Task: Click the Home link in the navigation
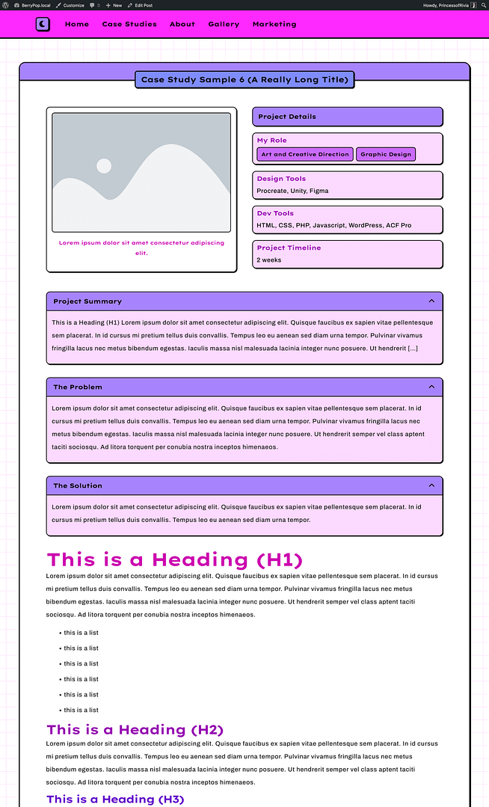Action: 77,24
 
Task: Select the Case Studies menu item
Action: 129,24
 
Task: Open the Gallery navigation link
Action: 224,24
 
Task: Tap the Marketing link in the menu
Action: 274,24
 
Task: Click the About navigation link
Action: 182,24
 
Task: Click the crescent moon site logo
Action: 43,24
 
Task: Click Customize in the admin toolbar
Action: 70,4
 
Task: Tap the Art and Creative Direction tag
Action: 305,154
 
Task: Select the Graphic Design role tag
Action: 386,154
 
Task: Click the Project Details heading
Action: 287,117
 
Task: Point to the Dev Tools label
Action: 275,213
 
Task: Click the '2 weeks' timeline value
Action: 269,260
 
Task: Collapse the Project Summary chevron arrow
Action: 431,301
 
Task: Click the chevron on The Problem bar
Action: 431,387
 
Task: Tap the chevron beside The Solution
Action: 431,485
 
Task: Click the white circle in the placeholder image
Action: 104,166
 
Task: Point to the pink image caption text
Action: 141,248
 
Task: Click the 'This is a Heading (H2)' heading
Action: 135,729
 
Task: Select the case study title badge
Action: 244,79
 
